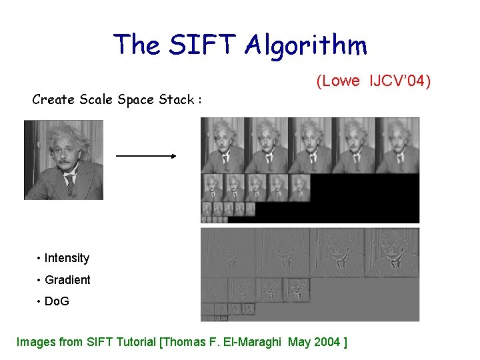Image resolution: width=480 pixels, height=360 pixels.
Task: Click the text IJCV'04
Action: [399, 81]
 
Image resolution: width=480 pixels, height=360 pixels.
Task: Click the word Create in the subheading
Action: [53, 100]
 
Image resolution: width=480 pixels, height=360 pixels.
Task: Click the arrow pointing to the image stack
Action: [145, 156]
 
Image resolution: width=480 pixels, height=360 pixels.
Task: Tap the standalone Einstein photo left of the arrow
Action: [63, 159]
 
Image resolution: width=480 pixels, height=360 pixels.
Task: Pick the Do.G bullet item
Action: [57, 301]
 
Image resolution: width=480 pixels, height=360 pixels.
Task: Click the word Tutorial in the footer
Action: [135, 343]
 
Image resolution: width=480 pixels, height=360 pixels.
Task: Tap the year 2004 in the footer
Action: [321, 343]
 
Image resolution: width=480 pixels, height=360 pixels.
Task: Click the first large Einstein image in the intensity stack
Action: [223, 145]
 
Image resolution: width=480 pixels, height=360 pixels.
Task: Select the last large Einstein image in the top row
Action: [397, 145]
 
